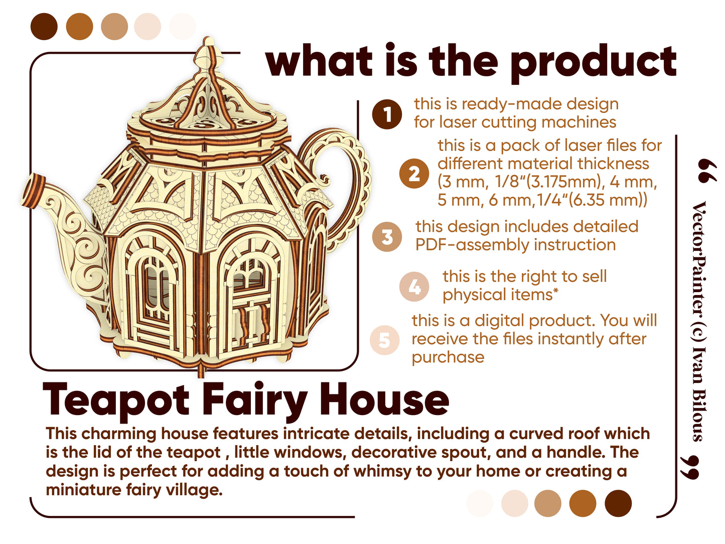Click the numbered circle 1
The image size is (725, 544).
coord(387,114)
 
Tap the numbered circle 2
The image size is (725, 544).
coord(414,174)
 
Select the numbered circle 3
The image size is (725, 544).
coord(387,236)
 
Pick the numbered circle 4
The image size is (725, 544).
coord(414,287)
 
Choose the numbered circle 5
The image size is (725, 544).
coord(384,340)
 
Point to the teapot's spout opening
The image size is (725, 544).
coord(33,192)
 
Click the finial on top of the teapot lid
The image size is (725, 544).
coord(208,56)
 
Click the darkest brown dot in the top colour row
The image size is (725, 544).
coord(44,27)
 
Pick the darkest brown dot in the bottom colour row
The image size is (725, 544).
coord(618,503)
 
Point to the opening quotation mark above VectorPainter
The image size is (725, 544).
coord(707,171)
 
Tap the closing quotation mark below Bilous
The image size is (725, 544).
coord(690,467)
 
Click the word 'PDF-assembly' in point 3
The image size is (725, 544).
coord(472,245)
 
